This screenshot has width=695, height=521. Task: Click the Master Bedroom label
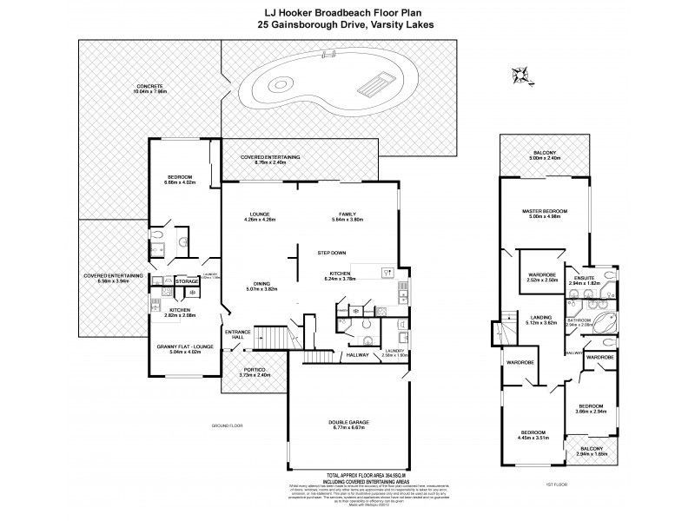tap(545, 211)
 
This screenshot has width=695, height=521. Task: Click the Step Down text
tap(334, 253)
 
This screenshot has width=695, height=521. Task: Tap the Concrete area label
tap(149, 84)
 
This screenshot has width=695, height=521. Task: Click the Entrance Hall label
tap(237, 334)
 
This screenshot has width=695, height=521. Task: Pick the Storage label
tap(186, 281)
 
